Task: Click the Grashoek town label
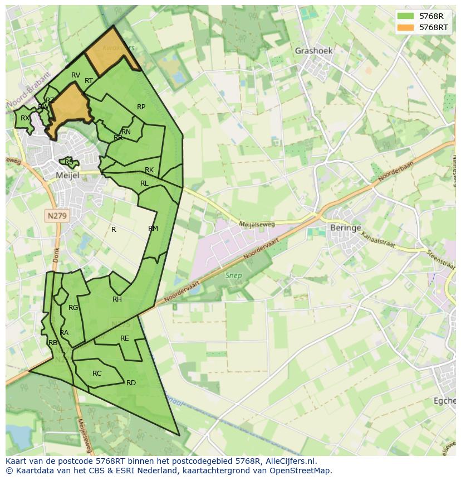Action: (x=313, y=51)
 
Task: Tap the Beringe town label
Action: (x=346, y=228)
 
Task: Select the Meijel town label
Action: (x=68, y=175)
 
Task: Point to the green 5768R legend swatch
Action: (x=405, y=16)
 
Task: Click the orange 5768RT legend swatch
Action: (x=405, y=27)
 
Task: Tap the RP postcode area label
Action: (x=141, y=107)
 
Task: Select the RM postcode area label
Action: (x=153, y=229)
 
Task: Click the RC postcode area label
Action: (x=97, y=374)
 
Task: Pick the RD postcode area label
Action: (x=131, y=383)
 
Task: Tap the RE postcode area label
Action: (x=125, y=338)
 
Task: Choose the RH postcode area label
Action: (x=117, y=299)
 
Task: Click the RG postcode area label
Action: (x=73, y=308)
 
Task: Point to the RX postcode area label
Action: (x=25, y=118)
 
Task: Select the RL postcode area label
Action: (x=144, y=183)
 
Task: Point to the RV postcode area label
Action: (x=76, y=75)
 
